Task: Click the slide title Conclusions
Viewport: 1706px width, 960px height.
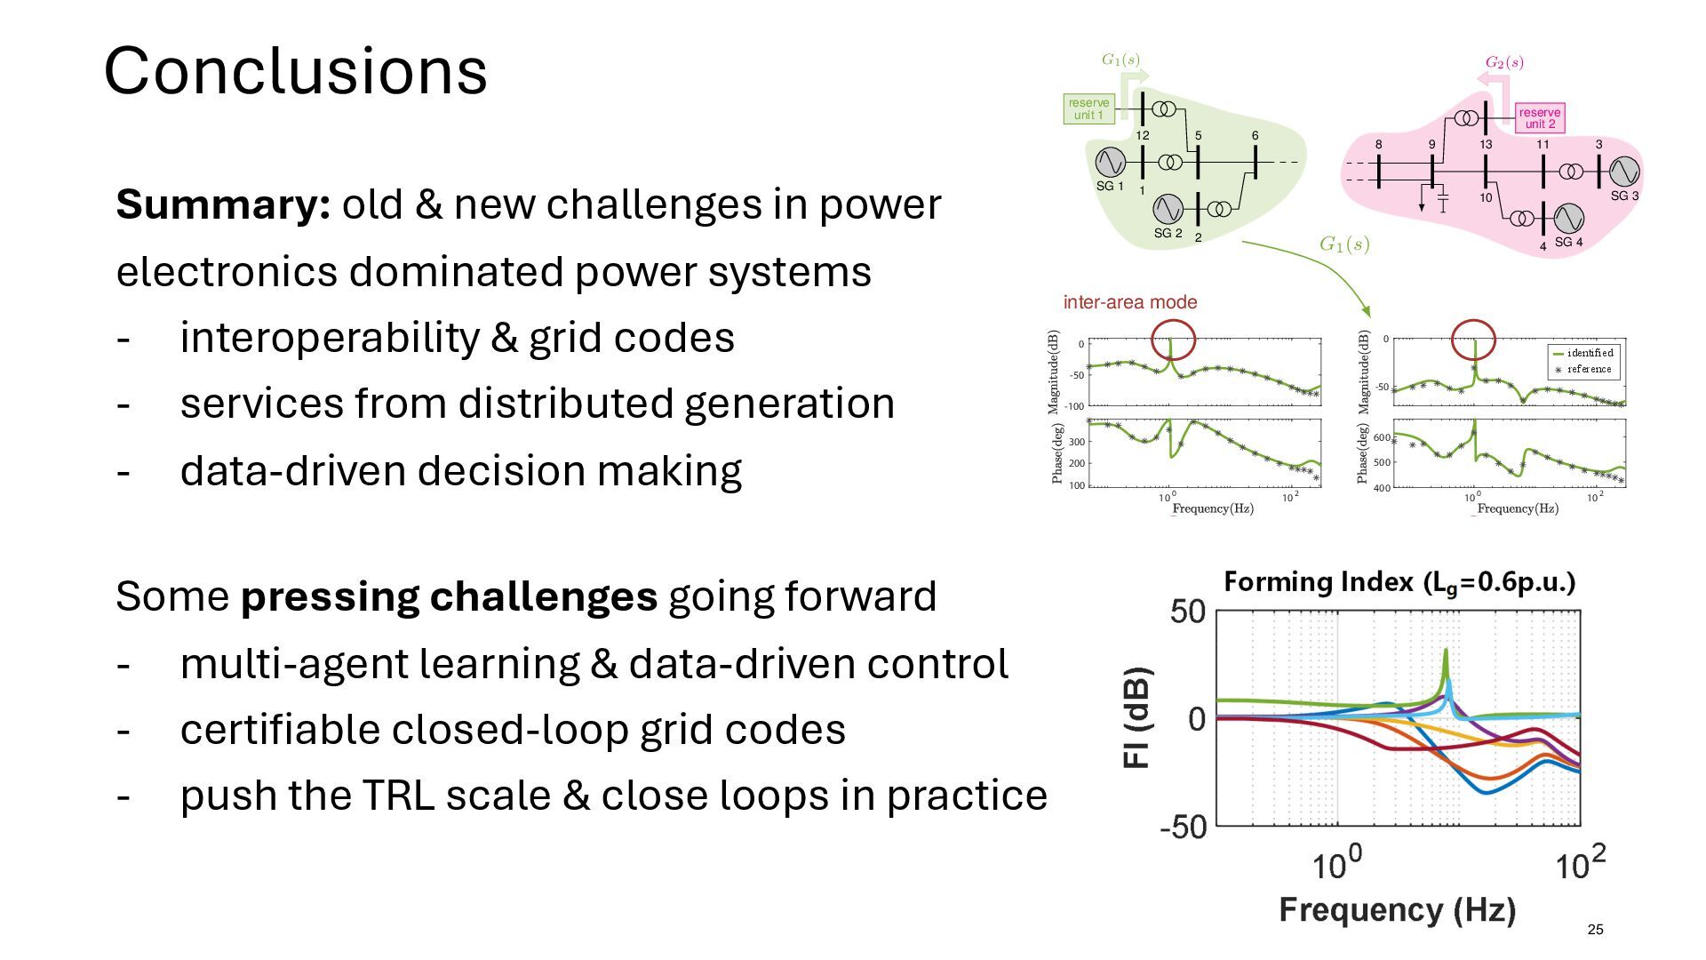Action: [295, 70]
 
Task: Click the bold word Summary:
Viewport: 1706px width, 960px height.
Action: [223, 204]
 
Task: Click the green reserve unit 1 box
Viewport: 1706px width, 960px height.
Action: [1088, 109]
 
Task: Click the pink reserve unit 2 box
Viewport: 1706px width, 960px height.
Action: [1539, 118]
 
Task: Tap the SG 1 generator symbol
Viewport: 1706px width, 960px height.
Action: [1110, 162]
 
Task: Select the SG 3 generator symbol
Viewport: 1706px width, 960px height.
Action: [1623, 172]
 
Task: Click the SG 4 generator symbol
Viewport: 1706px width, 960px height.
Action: [1568, 218]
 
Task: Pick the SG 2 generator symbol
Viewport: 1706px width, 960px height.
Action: [1168, 209]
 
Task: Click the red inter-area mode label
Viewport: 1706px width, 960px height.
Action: [1130, 302]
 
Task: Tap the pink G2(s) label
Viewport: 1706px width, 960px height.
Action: [1504, 62]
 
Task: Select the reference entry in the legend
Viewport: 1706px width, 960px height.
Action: [1589, 369]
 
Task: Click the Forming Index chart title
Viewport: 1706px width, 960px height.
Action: [1399, 582]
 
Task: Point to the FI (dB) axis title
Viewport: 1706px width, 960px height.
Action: [1137, 717]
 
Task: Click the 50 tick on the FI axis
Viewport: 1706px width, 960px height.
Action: [1187, 612]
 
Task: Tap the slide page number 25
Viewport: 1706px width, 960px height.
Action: [1595, 930]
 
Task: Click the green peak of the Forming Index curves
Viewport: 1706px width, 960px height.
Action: [1446, 653]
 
